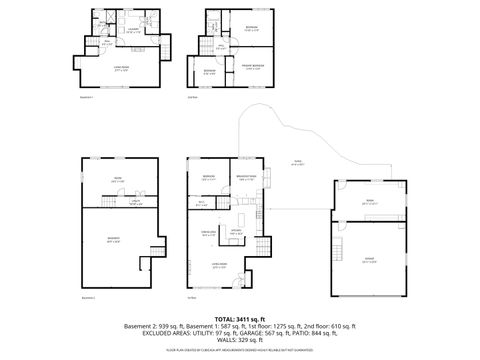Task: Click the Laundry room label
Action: [x=132, y=31]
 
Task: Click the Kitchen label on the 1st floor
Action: [x=237, y=232]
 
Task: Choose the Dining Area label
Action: [x=209, y=232]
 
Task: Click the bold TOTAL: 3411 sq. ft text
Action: [x=239, y=319]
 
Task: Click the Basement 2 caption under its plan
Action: [x=88, y=298]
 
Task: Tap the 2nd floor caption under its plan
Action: [x=191, y=98]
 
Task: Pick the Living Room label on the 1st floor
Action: [x=220, y=265]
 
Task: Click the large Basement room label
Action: [x=113, y=238]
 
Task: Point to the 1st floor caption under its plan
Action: [x=191, y=298]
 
